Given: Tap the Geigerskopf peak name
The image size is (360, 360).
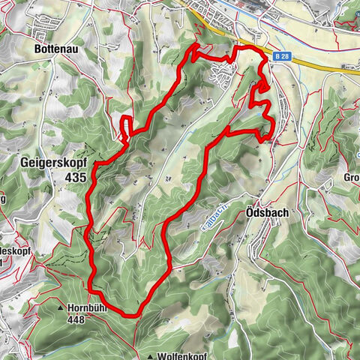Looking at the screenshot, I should click(x=49, y=161).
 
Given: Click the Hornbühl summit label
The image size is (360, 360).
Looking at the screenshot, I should click(x=89, y=307).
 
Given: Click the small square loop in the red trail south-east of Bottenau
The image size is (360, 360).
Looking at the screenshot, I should click(x=127, y=127).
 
